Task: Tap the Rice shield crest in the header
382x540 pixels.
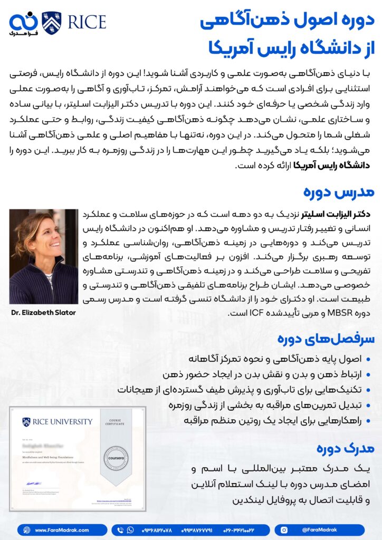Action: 51,23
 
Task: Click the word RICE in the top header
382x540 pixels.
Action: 85,22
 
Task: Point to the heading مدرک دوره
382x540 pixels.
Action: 345,448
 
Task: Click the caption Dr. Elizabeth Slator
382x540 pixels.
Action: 43,312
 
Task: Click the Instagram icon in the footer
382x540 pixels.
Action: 284,530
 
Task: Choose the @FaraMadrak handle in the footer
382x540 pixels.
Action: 319,530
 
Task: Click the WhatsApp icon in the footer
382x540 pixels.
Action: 130,530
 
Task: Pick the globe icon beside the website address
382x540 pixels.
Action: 26,530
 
